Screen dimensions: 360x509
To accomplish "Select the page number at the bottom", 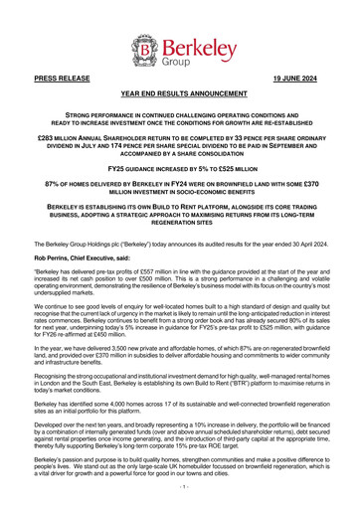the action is pos(180,491).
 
